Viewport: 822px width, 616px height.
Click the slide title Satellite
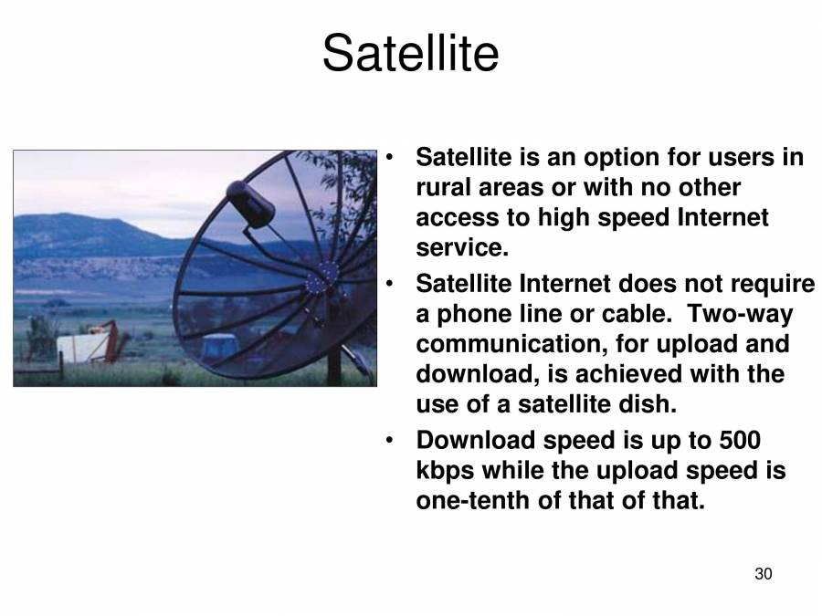(x=410, y=53)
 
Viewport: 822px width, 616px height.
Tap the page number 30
(x=764, y=574)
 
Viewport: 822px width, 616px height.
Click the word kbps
(x=444, y=472)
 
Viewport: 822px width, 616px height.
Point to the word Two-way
(x=740, y=314)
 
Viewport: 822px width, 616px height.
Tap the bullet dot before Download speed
(x=390, y=441)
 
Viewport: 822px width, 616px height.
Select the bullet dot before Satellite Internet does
(x=390, y=284)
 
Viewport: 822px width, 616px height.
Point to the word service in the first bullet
(x=458, y=248)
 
